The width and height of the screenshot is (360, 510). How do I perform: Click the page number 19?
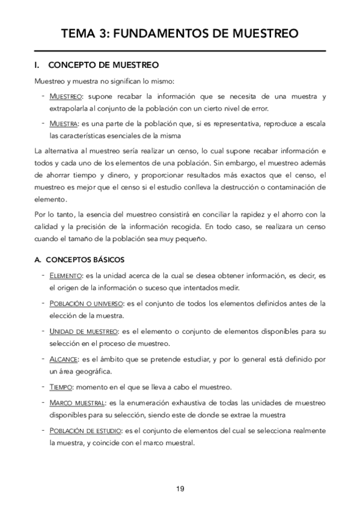[180, 488]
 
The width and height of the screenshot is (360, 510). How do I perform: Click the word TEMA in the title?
[82, 34]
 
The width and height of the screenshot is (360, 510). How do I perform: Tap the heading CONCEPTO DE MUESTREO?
[103, 64]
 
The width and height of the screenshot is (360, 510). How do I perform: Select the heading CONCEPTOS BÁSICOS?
[85, 260]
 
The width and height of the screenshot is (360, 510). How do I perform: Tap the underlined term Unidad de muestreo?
[83, 331]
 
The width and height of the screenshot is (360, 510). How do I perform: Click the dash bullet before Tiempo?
[44, 386]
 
